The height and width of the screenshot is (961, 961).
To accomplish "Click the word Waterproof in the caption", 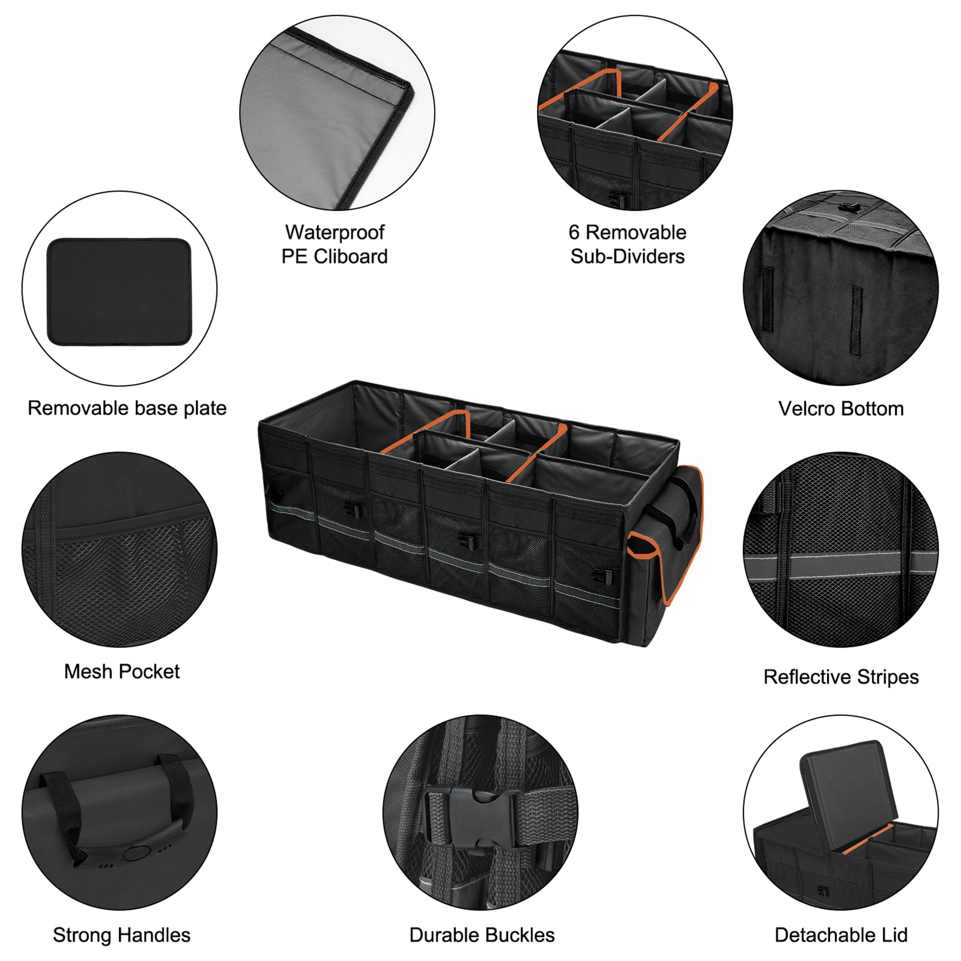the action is coord(335,232).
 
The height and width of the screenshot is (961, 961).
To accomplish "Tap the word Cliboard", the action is coord(351,256).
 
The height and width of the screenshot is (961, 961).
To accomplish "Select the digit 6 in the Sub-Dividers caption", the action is coord(574,232).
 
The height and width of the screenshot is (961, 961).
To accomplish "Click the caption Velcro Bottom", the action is coord(841,408).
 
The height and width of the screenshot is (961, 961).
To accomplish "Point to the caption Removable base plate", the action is coord(127,408).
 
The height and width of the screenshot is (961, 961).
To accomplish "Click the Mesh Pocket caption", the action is coord(122,671).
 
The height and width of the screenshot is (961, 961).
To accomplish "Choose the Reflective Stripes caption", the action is coord(841,677).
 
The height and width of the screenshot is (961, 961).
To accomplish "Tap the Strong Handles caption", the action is coord(121,935).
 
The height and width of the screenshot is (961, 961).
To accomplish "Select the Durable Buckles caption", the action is coord(482,935).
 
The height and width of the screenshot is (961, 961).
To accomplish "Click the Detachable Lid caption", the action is coord(841,935).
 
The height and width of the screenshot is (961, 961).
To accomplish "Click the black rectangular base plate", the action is coord(119,292).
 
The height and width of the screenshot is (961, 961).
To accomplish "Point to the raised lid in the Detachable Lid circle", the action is coord(844,787).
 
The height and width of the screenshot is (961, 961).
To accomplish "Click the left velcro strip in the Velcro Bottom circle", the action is coord(768,299).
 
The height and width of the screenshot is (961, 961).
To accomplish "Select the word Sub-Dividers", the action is coord(627,256).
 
